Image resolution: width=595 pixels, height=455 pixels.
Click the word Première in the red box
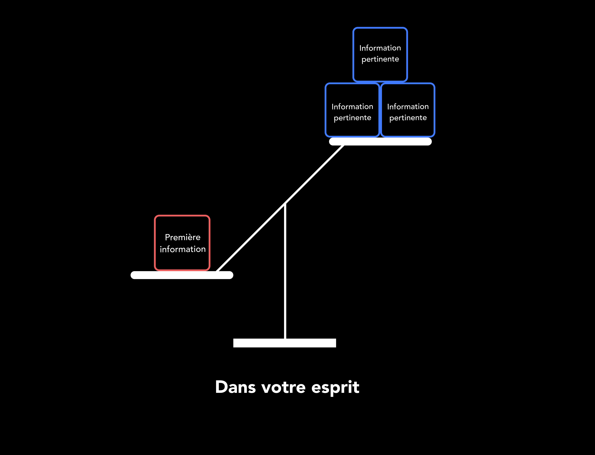point(183,237)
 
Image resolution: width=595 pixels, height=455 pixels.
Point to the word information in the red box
point(183,249)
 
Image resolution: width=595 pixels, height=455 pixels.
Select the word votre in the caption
point(283,387)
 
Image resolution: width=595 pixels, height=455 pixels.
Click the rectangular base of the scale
point(284,343)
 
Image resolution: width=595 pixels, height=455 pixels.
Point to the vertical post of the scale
point(285,271)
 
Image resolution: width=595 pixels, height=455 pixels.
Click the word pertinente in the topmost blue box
point(380,59)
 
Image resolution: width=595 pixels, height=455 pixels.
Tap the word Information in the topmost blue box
point(380,48)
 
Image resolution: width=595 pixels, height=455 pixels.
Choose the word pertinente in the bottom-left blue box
point(352,118)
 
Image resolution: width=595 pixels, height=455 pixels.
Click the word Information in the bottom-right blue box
point(408,107)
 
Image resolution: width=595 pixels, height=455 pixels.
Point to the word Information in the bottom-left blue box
point(352,107)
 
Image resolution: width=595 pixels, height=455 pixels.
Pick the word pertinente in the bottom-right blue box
point(408,118)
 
